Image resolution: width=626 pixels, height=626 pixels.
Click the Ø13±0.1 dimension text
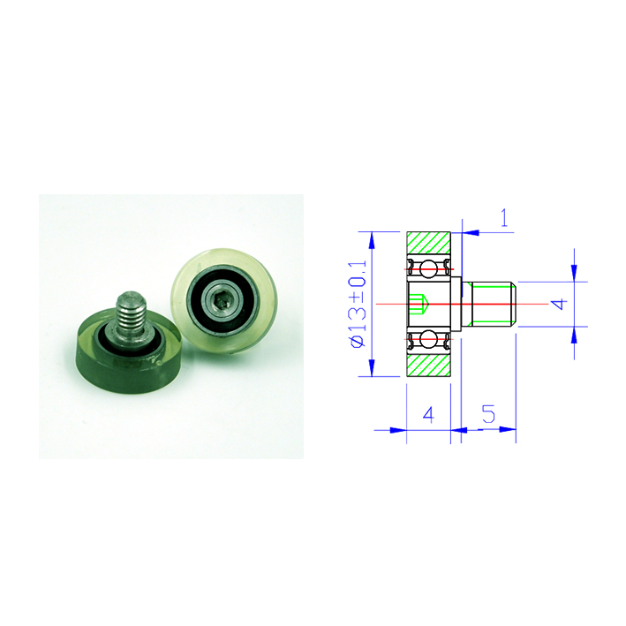point(358,305)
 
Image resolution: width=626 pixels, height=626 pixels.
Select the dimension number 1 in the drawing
point(505,217)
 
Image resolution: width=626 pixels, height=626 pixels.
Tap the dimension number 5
point(488,414)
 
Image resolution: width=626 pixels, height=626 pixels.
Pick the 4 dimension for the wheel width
point(428,415)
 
